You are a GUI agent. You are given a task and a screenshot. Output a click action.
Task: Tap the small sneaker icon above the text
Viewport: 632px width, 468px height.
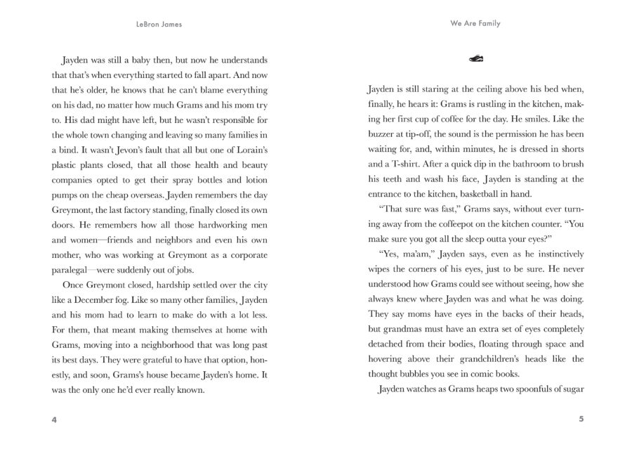point(475,60)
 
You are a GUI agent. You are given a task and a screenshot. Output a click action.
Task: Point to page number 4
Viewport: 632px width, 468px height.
point(54,420)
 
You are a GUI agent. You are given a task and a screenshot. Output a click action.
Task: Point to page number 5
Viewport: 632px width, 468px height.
point(581,420)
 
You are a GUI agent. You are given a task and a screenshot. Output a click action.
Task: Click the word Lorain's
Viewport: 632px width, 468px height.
point(249,150)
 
